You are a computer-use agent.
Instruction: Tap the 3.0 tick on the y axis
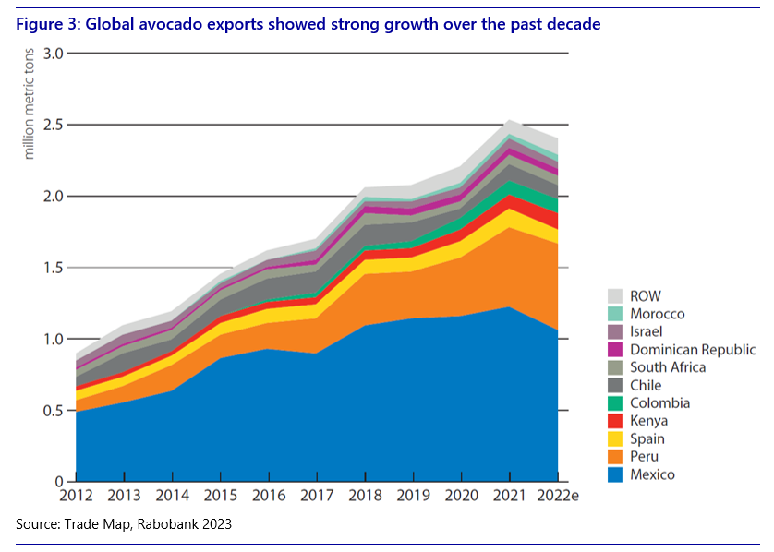pos(52,54)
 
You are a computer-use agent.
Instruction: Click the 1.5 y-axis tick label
pos(52,268)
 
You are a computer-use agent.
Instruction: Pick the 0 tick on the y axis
pos(57,482)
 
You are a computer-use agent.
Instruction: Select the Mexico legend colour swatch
pos(614,474)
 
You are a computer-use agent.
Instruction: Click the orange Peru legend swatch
pos(614,457)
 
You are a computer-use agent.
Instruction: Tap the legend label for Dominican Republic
pos(693,350)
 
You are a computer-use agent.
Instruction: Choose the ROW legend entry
pos(646,296)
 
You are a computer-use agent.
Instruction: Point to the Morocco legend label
pos(657,314)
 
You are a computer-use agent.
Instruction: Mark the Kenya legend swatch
pos(614,421)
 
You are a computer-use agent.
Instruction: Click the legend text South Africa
pos(668,367)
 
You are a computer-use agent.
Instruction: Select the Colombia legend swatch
pos(614,403)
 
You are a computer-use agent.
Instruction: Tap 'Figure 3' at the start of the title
pos(45,24)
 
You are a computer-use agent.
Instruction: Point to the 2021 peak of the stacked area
pos(510,120)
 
